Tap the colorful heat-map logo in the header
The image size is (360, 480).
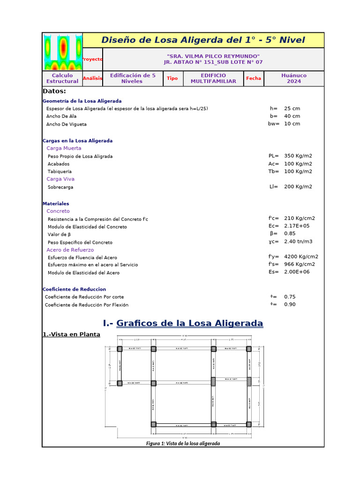coord(63,52)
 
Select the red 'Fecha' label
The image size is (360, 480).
coord(254,78)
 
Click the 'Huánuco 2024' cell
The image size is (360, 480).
coord(294,78)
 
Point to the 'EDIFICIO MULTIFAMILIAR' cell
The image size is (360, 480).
coord(213,78)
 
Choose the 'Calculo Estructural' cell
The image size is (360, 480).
coord(62,78)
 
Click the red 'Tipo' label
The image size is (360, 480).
coord(172,78)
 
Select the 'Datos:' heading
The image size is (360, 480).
coord(54,91)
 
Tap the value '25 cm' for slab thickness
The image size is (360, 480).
coord(292,108)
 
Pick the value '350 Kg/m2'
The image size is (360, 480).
coord(298,156)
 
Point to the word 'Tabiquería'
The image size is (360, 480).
coord(60,172)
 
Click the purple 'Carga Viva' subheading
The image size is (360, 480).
coord(60,179)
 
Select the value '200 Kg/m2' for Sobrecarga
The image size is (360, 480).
coord(298,187)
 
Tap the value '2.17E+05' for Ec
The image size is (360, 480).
coord(296,226)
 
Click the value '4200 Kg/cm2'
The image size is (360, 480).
coord(301,256)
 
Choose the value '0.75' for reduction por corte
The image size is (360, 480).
coord(290,297)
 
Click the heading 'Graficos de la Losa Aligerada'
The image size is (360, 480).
coord(189,323)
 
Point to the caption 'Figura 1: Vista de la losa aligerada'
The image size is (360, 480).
coord(183,443)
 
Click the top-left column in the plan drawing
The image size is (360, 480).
coord(120,349)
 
